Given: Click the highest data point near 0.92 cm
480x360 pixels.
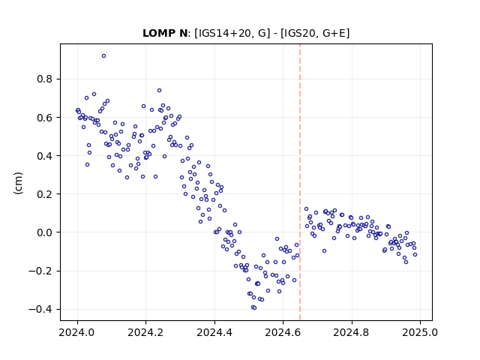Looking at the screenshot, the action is point(103,56).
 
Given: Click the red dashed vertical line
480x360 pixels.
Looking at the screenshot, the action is point(300,182).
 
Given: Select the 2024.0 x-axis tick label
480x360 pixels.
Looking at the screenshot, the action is point(77,332).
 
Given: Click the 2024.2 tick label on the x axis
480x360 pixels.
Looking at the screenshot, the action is point(145,332).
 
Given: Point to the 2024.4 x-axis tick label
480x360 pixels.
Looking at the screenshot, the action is point(214,332).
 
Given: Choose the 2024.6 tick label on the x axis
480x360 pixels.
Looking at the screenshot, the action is point(283,332).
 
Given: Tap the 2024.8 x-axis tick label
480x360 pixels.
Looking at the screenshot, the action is point(352,332).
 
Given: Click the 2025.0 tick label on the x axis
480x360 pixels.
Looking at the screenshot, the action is point(420,332).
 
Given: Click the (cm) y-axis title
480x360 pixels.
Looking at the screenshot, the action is point(18,183).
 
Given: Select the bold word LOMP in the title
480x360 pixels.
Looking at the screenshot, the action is point(157,33).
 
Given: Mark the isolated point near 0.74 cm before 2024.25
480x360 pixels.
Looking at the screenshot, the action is point(159,90).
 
